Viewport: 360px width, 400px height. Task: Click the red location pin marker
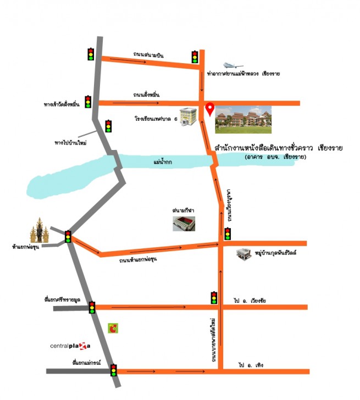click(x=209, y=109)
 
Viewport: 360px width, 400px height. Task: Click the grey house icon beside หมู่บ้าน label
click(x=243, y=254)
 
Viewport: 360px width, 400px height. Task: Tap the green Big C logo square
click(x=114, y=329)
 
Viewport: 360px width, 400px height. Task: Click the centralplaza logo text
click(x=70, y=346)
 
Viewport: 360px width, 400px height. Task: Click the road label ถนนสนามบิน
click(x=148, y=54)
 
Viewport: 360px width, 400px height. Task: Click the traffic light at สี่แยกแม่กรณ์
click(x=114, y=370)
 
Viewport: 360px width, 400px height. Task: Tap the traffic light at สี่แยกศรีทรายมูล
click(x=92, y=307)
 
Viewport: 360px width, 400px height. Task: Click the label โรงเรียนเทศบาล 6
click(x=156, y=118)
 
